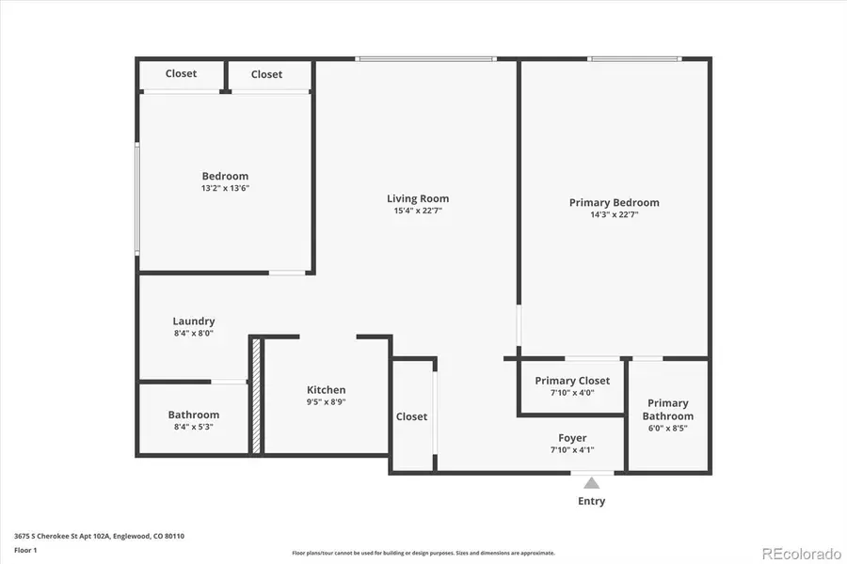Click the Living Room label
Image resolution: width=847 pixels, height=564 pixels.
418,198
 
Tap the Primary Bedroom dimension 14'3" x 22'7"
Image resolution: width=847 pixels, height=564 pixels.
614,214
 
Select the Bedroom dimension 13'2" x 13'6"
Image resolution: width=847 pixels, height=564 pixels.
225,188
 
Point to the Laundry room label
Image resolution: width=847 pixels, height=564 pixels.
193,321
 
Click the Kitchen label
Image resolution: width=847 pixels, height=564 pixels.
326,390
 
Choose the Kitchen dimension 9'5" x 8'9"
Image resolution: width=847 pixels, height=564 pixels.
326,402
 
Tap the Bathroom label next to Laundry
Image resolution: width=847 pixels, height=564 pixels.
194,415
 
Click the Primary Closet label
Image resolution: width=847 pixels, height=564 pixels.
572,381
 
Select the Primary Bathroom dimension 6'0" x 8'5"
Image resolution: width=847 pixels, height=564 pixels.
668,429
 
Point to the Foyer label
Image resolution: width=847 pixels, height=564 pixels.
572,438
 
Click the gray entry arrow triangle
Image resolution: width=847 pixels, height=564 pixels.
591,483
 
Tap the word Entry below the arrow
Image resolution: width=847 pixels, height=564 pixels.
591,501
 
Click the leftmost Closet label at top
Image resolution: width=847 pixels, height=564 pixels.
181,73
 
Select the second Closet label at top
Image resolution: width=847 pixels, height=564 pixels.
266,74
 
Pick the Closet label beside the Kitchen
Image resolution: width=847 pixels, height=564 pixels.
411,416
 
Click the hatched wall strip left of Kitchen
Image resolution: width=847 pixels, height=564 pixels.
255,396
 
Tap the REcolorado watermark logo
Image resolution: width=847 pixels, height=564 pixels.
800,552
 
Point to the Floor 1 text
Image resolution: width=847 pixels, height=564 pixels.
26,551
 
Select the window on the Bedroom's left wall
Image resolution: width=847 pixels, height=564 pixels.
137,197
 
